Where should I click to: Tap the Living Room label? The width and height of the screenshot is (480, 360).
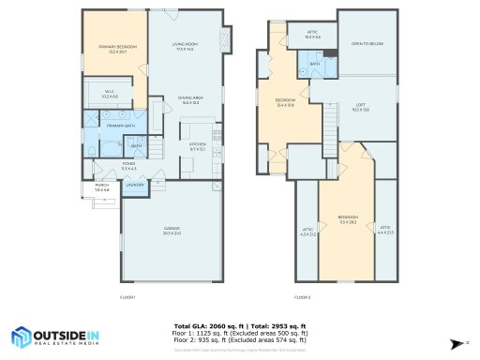coord(184,46)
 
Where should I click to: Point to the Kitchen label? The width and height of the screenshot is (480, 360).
coord(197,147)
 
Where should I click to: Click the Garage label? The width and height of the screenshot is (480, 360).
coord(172,230)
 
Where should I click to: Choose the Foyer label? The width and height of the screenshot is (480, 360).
coord(129,166)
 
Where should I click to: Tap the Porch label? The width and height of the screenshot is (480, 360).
coord(101,187)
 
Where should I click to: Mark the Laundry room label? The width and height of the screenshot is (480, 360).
coord(135,185)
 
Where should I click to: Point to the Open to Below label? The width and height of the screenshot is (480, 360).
coord(367,44)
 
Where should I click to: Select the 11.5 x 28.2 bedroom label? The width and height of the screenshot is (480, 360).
coord(347,221)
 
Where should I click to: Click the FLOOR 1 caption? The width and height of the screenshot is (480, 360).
coord(128,297)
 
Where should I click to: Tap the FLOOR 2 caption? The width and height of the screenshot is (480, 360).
coord(302,297)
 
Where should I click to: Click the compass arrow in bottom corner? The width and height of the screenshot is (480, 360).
coord(456,343)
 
